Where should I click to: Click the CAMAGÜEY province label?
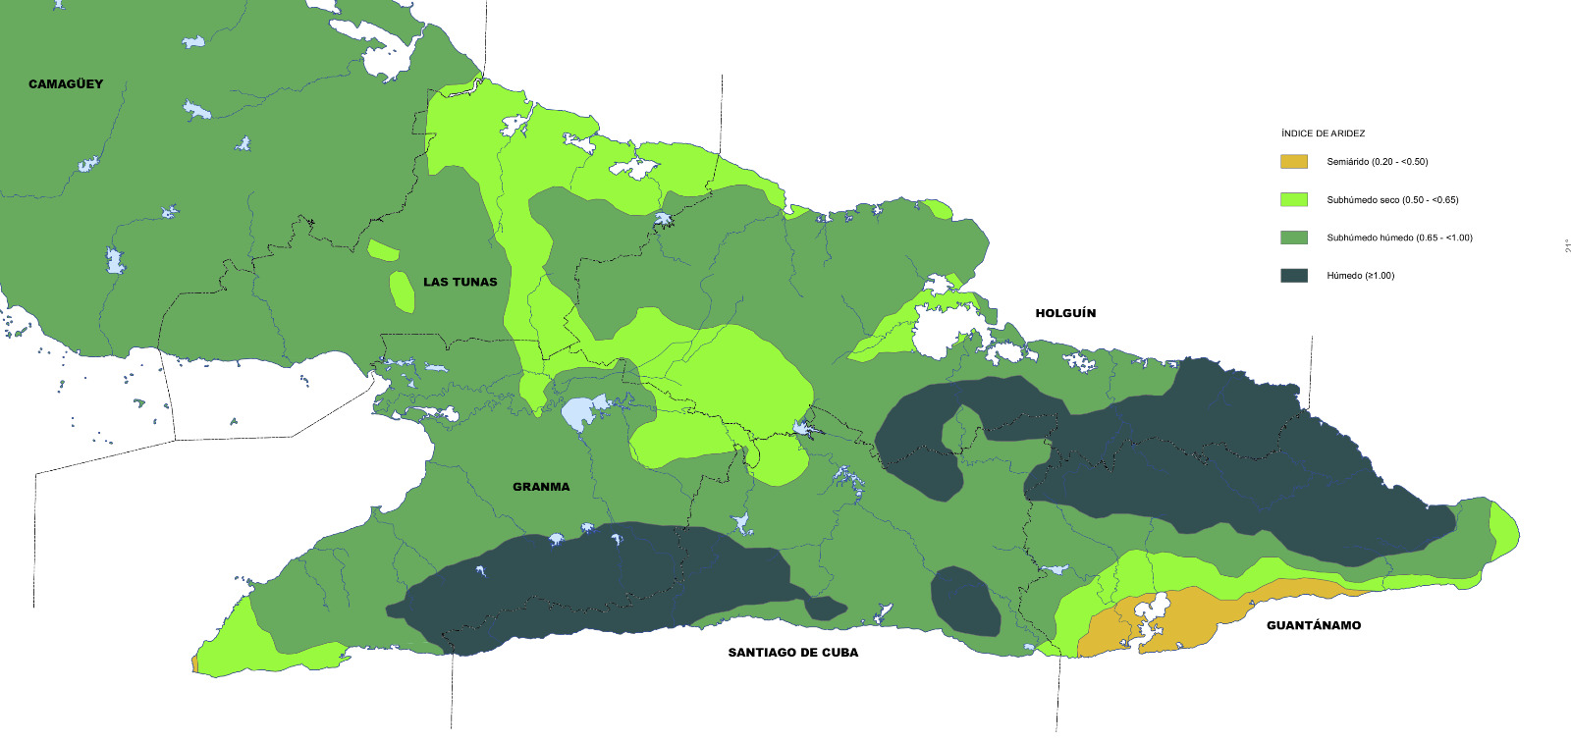click(x=66, y=84)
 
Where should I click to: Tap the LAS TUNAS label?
click(x=460, y=283)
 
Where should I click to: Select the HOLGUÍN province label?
click(x=1065, y=314)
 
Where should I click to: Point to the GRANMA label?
click(x=541, y=487)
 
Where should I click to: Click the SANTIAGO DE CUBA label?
click(x=792, y=653)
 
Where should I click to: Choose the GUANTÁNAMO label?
click(x=1313, y=626)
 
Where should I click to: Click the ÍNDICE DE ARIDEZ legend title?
click(x=1323, y=133)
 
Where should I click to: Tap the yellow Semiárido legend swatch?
click(x=1294, y=162)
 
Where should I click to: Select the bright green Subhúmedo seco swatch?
click(x=1294, y=200)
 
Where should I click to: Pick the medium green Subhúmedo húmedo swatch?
click(x=1294, y=238)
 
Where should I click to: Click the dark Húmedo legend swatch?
click(x=1294, y=276)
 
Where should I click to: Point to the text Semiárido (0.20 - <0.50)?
click(x=1377, y=162)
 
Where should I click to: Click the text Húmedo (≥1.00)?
click(x=1360, y=276)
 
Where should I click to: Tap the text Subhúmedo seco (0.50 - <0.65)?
click(x=1392, y=200)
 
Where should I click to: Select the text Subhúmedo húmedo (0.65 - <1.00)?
click(x=1399, y=238)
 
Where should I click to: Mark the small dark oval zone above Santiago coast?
click(x=964, y=600)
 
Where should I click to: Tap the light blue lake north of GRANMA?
click(x=580, y=411)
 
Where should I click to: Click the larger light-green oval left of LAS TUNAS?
click(x=402, y=291)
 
